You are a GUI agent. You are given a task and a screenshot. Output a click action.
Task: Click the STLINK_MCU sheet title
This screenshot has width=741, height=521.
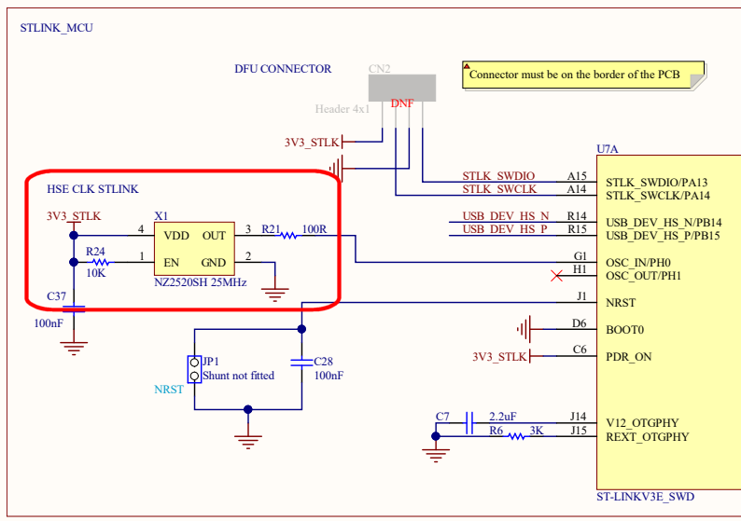[x=56, y=28]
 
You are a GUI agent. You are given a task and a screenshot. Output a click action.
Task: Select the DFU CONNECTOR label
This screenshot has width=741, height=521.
[x=283, y=69]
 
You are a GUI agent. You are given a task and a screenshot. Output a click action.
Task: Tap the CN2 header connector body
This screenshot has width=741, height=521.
[x=401, y=88]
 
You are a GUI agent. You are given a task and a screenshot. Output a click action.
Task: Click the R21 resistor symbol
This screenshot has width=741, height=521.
[x=288, y=236]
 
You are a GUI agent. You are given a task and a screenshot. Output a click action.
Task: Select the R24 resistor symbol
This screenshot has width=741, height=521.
[x=95, y=263]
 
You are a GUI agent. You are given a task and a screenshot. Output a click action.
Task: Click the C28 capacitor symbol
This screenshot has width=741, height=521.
[x=301, y=361]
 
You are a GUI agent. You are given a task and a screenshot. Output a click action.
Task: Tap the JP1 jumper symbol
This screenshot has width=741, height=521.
[x=194, y=368]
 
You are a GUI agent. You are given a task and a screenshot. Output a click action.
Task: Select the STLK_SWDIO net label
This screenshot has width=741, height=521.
[x=498, y=176]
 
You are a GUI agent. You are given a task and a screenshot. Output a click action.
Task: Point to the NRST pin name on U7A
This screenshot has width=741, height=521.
[x=622, y=303]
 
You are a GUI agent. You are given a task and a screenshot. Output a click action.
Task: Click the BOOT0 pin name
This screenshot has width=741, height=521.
[x=625, y=329]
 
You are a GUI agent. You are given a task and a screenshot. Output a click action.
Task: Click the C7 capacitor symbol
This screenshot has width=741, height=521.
[x=471, y=423]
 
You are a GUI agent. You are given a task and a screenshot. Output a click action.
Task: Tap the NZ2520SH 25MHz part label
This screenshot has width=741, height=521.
[x=200, y=281]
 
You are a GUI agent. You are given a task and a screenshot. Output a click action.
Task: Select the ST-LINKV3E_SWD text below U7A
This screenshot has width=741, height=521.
[x=645, y=496]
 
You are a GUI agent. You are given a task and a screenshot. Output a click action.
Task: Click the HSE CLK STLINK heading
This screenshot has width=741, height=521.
[x=92, y=189]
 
